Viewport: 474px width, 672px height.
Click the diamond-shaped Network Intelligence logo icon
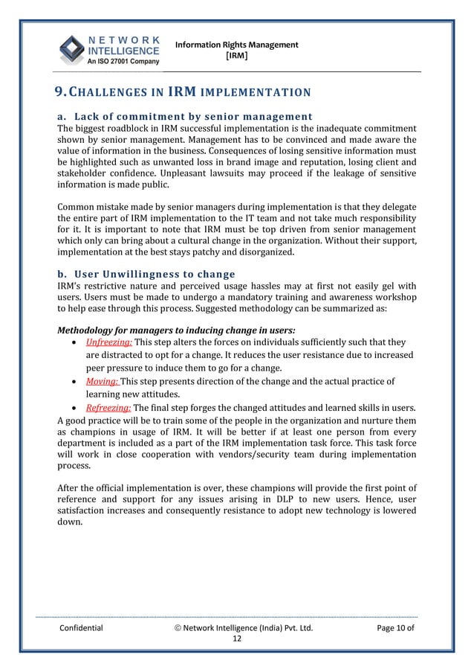pyautogui.click(x=73, y=50)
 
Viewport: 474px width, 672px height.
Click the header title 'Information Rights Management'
pyautogui.click(x=236, y=45)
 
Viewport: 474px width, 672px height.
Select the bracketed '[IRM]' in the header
pyautogui.click(x=236, y=56)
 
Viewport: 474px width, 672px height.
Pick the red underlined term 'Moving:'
pyautogui.click(x=103, y=381)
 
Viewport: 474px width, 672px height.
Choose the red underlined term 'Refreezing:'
pyautogui.click(x=108, y=407)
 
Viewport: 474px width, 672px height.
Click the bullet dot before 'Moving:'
pyautogui.click(x=77, y=382)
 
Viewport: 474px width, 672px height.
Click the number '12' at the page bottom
pyautogui.click(x=237, y=639)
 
